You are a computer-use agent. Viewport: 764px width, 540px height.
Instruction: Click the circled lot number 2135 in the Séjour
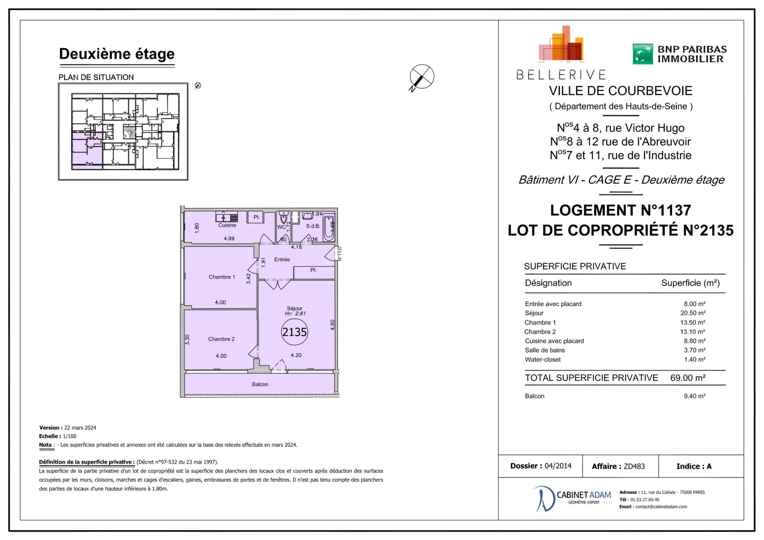click(x=294, y=332)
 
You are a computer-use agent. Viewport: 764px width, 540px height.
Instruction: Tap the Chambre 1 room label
click(x=222, y=277)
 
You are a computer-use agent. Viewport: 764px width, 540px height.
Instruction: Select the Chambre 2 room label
click(x=221, y=339)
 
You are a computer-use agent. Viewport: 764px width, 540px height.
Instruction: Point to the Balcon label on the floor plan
click(x=260, y=384)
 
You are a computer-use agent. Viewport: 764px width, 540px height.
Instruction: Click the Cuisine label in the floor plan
click(x=227, y=225)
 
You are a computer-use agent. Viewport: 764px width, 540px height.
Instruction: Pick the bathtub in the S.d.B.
click(x=329, y=228)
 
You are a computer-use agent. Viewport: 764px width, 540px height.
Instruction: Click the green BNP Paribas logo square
click(x=643, y=54)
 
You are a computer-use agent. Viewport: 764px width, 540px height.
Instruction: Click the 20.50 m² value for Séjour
click(x=693, y=313)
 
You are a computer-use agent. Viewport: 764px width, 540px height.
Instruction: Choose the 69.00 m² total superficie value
click(x=688, y=378)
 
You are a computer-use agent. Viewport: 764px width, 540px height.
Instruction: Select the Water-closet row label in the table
click(x=542, y=359)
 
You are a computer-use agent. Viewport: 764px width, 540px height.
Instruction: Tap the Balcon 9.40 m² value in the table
click(x=695, y=396)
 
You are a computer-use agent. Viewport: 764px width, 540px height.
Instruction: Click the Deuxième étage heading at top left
click(x=117, y=54)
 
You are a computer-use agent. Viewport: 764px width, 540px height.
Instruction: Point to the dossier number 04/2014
click(x=558, y=466)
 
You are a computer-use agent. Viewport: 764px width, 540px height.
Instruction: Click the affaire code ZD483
click(x=634, y=466)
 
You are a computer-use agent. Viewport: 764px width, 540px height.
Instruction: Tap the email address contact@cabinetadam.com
click(x=661, y=507)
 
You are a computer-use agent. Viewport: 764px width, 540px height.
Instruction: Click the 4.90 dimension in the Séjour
click(x=333, y=325)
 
